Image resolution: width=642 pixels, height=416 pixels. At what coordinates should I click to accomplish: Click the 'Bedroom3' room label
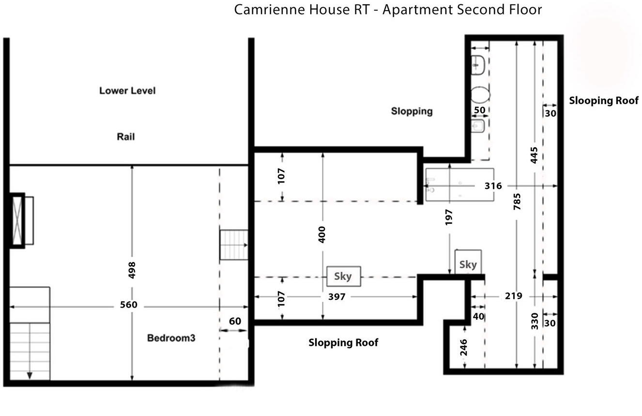pyautogui.click(x=171, y=338)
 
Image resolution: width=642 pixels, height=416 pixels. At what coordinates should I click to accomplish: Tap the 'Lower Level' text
pyautogui.click(x=127, y=91)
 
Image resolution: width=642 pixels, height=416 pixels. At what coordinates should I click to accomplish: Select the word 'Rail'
pyautogui.click(x=125, y=137)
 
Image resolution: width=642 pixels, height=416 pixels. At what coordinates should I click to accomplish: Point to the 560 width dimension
pyautogui.click(x=129, y=305)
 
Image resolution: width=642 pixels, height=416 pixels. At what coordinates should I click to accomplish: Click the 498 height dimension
pyautogui.click(x=132, y=270)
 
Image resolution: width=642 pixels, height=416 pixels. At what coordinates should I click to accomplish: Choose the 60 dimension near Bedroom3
pyautogui.click(x=234, y=322)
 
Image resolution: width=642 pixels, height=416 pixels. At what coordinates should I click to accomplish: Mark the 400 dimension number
pyautogui.click(x=322, y=234)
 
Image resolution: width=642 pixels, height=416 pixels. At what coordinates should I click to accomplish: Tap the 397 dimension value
pyautogui.click(x=336, y=296)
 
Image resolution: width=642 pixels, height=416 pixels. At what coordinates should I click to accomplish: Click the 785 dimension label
pyautogui.click(x=517, y=201)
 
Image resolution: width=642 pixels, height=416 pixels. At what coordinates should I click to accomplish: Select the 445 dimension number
pyautogui.click(x=535, y=155)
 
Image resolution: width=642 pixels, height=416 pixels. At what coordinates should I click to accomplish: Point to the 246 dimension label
pyautogui.click(x=464, y=348)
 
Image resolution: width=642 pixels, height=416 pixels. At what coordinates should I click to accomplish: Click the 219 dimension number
pyautogui.click(x=513, y=295)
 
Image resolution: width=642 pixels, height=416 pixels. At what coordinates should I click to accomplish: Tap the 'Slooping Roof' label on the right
pyautogui.click(x=603, y=101)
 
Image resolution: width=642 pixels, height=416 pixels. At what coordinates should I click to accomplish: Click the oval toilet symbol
pyautogui.click(x=480, y=94)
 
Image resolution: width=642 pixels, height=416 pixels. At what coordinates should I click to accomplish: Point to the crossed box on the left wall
pyautogui.click(x=17, y=221)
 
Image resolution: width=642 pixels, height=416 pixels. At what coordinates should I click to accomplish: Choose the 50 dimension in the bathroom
pyautogui.click(x=479, y=110)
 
